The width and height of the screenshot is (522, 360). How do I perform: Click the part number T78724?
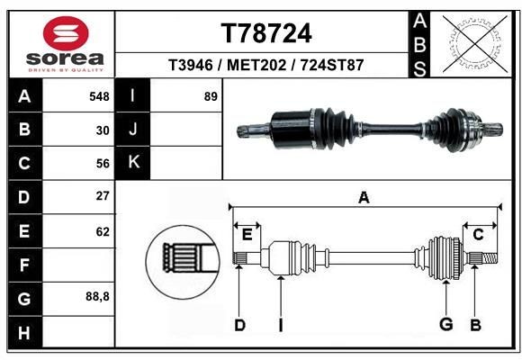266,33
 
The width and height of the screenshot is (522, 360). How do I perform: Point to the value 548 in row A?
100,95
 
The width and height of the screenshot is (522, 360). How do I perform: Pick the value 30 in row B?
103,130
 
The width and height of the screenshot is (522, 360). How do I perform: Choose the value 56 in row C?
103,164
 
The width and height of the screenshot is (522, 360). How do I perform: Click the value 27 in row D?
103,196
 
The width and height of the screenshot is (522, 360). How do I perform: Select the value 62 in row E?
103,231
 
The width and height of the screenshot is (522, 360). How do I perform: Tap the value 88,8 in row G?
97,296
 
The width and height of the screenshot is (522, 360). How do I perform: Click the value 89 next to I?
211,95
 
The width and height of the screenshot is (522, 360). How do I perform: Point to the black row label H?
24,332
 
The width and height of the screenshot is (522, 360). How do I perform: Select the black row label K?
133,163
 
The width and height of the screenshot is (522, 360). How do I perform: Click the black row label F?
24,265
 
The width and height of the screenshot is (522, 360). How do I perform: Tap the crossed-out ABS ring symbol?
473,41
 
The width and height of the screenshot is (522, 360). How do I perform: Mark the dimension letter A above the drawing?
364,197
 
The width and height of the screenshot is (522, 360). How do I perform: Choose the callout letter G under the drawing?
445,324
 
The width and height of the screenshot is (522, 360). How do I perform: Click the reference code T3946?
192,66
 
